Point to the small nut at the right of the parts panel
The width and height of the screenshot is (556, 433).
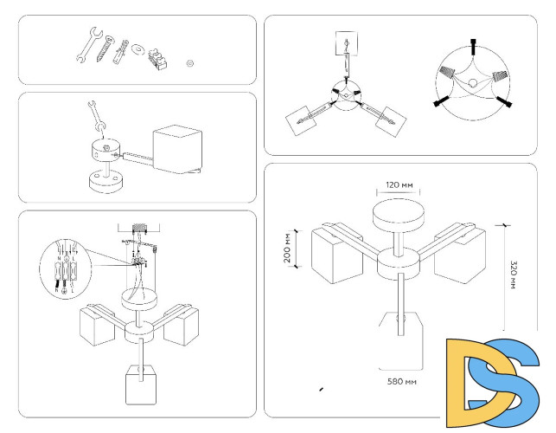click(x=190, y=62)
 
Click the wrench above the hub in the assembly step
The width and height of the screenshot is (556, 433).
click(x=95, y=118)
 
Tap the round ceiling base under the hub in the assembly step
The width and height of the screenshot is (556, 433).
click(x=105, y=183)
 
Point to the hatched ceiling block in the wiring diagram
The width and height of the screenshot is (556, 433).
click(x=141, y=229)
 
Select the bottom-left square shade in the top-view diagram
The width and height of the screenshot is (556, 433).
click(x=303, y=119)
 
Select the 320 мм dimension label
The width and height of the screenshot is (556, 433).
click(x=511, y=275)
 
